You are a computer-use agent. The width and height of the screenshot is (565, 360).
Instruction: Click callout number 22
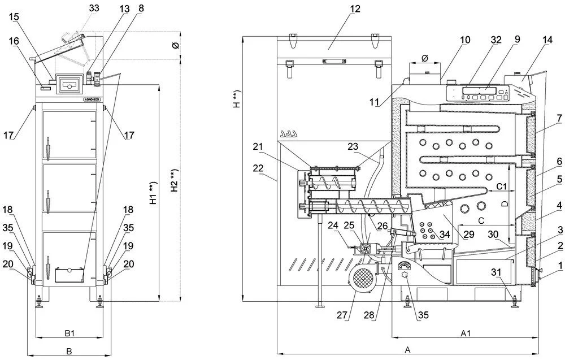click(x=258, y=168)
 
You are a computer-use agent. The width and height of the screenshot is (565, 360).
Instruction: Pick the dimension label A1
click(x=465, y=333)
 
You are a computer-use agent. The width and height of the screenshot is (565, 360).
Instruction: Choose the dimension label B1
click(x=69, y=333)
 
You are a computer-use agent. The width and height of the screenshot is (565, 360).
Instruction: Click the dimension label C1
click(x=501, y=186)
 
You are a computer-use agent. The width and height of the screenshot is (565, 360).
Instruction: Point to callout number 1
click(x=560, y=265)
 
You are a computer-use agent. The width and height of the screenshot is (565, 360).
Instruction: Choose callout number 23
click(x=353, y=145)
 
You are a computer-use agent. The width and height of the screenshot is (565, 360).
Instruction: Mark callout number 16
click(x=14, y=41)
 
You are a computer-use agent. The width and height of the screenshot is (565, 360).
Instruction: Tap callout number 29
click(x=468, y=234)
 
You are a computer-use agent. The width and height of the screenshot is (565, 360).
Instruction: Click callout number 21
click(x=258, y=147)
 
